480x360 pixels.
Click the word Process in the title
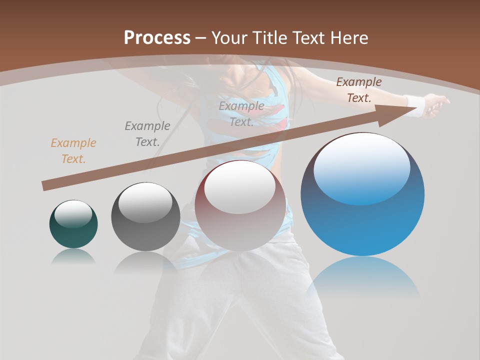[157, 37]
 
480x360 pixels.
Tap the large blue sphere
[362, 225]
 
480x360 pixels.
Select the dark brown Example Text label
[359, 90]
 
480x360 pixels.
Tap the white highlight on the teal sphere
[73, 214]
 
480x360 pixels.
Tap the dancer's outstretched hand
[437, 105]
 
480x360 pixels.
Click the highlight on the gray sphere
[145, 202]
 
